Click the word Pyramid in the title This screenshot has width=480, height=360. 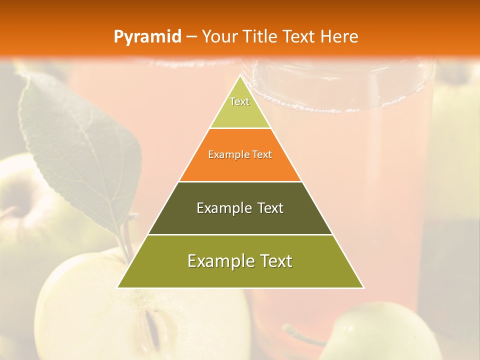(x=147, y=36)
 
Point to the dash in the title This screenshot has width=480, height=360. (x=191, y=37)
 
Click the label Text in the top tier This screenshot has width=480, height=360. (x=239, y=101)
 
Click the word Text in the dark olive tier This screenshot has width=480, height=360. (x=271, y=208)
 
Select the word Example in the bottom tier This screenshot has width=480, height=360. (x=217, y=261)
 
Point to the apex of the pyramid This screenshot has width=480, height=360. (x=240, y=76)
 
